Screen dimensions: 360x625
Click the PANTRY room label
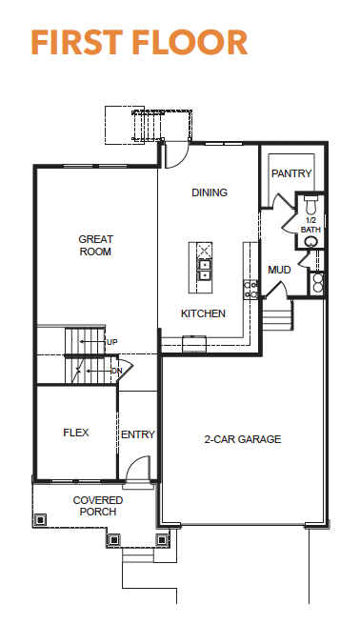click(291, 173)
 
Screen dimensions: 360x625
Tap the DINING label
click(210, 192)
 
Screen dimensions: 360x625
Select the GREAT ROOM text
click(95, 246)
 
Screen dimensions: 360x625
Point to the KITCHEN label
click(203, 313)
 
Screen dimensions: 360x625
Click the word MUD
click(279, 270)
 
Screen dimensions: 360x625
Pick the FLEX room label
click(76, 433)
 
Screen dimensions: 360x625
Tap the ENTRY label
click(138, 434)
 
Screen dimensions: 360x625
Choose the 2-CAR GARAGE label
click(243, 439)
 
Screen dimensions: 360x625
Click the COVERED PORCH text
click(98, 506)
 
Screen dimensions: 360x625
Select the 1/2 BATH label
click(310, 225)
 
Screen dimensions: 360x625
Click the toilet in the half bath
click(310, 204)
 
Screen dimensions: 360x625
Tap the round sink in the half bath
click(311, 242)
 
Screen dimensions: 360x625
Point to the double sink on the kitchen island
click(205, 270)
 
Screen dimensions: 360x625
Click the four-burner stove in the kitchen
click(250, 290)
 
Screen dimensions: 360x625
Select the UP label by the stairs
click(111, 342)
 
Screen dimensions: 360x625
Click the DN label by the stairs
click(117, 371)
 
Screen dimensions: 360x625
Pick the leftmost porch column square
click(40, 519)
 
